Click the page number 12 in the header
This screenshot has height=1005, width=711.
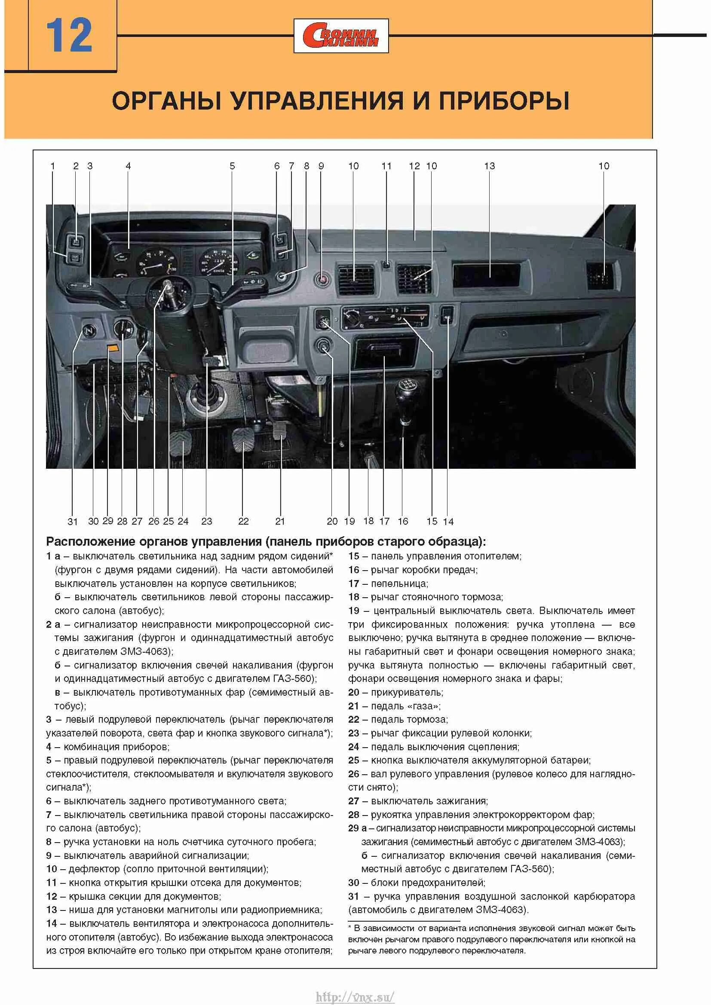point(69,36)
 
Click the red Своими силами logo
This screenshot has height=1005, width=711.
point(341,36)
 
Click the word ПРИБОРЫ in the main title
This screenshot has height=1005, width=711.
point(504,101)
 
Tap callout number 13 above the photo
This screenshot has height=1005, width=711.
point(489,166)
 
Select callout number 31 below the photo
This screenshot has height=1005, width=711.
point(73,521)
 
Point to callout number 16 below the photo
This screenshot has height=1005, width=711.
point(403,521)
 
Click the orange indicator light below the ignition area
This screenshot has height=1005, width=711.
point(113,348)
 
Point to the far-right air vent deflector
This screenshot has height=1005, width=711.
point(600,276)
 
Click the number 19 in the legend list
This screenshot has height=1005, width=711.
point(354,611)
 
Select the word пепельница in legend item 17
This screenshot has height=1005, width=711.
point(399,583)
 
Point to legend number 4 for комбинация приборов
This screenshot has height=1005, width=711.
point(49,747)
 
